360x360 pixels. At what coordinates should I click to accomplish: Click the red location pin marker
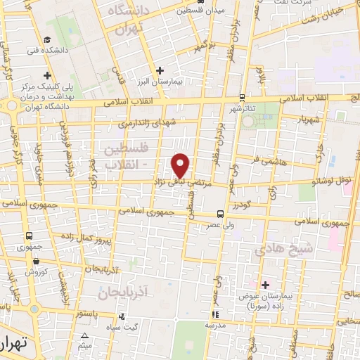(181, 165)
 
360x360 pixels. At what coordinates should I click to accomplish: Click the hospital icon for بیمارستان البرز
(161, 70)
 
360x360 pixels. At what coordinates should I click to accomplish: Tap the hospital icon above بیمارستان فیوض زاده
(265, 285)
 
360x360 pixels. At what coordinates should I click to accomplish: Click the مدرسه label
(215, 326)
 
